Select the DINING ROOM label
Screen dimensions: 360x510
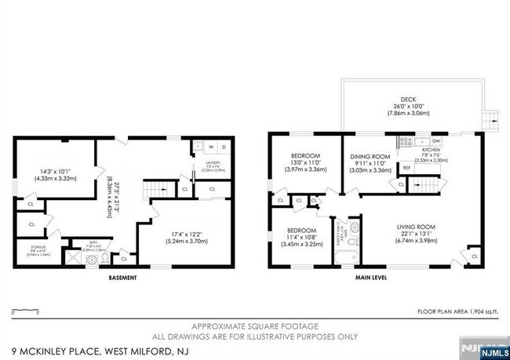pyautogui.click(x=370, y=157)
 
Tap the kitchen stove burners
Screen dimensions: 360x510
pyautogui.click(x=406, y=142)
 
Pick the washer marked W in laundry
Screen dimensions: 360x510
pyautogui.click(x=211, y=147)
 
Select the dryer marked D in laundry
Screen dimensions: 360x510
pyautogui.click(x=224, y=147)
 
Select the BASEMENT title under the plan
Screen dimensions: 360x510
pyautogui.click(x=122, y=278)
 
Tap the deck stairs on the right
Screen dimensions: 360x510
pyautogui.click(x=492, y=120)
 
